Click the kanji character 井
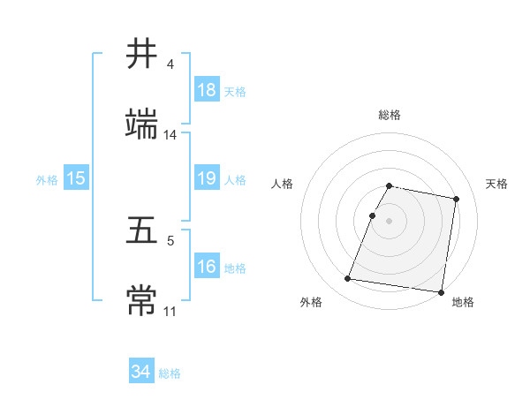coord(142,54)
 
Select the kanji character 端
coord(142,125)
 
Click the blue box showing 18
coord(207,90)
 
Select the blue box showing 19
coord(207,178)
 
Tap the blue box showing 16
coord(207,267)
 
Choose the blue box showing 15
coord(76,178)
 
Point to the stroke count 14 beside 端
coord(170,135)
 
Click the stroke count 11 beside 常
coord(170,311)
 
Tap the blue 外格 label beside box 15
coord(47,179)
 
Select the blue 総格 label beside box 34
coord(170,373)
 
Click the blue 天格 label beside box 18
coord(235,91)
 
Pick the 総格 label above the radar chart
coord(390,115)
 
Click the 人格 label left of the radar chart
coord(283,184)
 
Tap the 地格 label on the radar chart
coord(462,302)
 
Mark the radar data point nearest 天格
coord(457,200)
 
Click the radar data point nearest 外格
coord(348,279)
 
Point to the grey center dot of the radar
coord(390,220)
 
